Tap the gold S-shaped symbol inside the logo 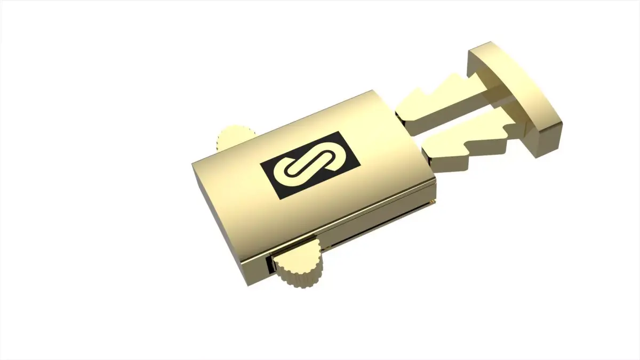click(x=302, y=166)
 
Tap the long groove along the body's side click(x=373, y=224)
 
